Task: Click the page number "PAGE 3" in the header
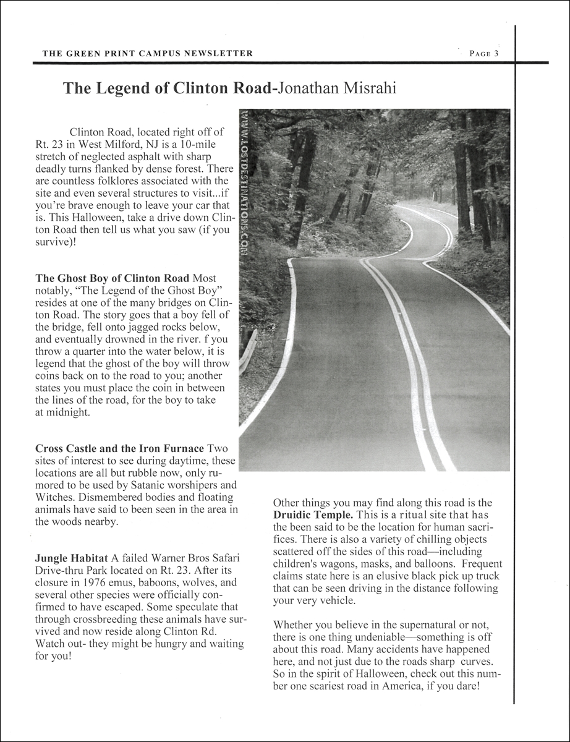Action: pos(483,53)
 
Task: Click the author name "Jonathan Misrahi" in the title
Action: pos(337,88)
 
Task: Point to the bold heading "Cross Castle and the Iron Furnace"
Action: pos(119,448)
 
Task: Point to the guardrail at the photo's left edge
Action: pos(249,349)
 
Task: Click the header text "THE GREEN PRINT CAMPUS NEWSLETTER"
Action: pos(147,53)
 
